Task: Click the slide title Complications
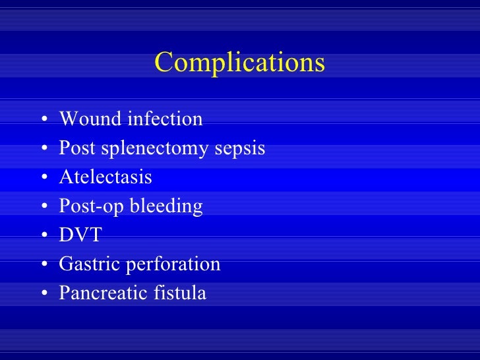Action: tap(240, 63)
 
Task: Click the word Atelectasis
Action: tap(105, 177)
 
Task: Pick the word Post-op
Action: tap(85, 206)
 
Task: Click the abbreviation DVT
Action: tap(80, 235)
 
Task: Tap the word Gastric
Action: tap(89, 264)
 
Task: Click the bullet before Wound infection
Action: tap(43, 121)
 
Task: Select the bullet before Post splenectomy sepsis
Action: tap(43, 150)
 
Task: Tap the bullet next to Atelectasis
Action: tap(43, 179)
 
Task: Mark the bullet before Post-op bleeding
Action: tap(43, 208)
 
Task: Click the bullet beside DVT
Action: tap(43, 237)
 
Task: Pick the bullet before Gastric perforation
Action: tap(43, 266)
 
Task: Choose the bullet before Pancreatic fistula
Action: tap(43, 294)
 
